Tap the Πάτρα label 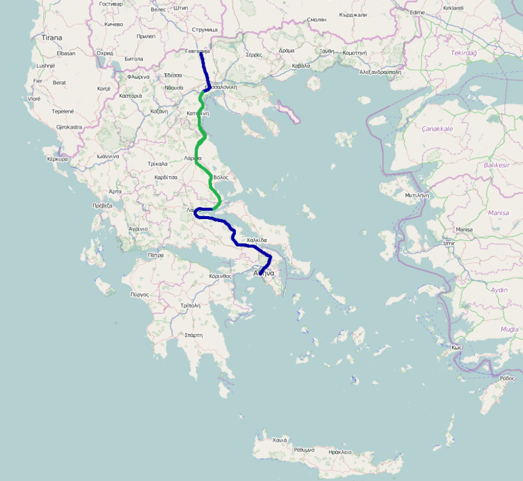(x=156, y=255)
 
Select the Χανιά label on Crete (x=280, y=440)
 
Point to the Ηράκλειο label (x=340, y=451)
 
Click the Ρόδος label (x=507, y=378)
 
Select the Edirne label (x=417, y=12)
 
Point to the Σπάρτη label (x=193, y=335)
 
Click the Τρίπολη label (x=190, y=305)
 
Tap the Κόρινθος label (x=220, y=276)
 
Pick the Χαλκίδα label (x=256, y=240)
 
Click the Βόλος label (x=221, y=177)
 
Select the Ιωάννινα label (x=108, y=156)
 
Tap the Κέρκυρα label (x=58, y=159)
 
